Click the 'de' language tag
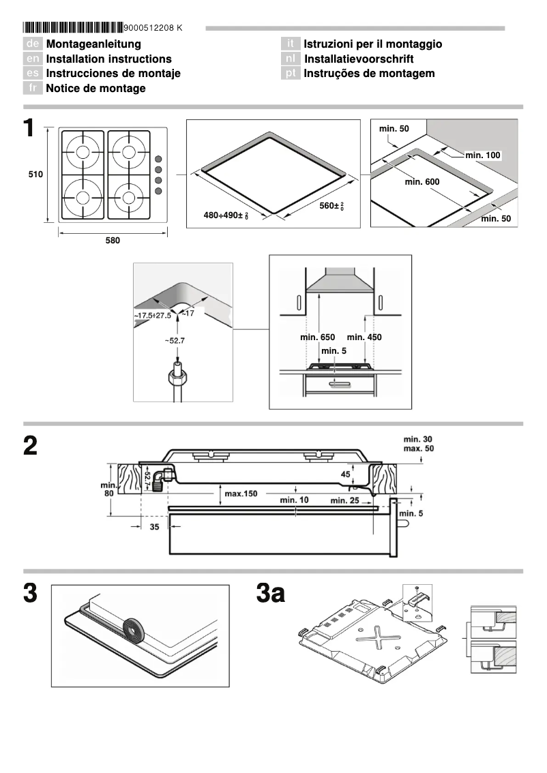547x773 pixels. point(32,44)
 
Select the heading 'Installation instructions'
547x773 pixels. point(108,59)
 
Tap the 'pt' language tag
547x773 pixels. point(291,74)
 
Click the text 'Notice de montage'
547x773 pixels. point(95,89)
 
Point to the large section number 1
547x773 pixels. point(29,128)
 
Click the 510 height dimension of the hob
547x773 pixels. point(35,175)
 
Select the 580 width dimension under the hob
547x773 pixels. point(113,241)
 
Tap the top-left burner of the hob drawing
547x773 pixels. point(83,153)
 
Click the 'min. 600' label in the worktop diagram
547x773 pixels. point(422,182)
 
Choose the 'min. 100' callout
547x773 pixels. point(484,155)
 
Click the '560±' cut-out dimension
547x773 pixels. point(331,206)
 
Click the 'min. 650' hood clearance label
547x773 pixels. point(317,337)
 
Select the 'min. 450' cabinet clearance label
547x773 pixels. point(364,337)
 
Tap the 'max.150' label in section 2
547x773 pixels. point(241,494)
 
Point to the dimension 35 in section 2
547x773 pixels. point(154,526)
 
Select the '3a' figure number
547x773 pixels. point(270,593)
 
